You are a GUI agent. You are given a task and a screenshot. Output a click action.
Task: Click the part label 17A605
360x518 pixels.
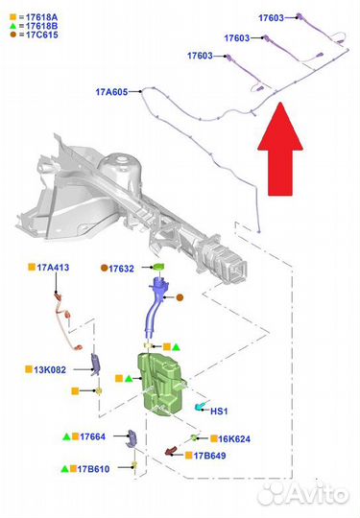pyautogui.click(x=111, y=92)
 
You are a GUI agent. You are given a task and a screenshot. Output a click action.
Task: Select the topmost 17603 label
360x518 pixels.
pyautogui.click(x=271, y=18)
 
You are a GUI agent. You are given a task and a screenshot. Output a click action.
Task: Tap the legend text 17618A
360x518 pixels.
pyautogui.click(x=41, y=17)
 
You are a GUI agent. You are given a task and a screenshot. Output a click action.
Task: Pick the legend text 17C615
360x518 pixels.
pyautogui.click(x=42, y=35)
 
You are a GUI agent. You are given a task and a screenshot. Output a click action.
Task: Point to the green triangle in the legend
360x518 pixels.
pyautogui.click(x=12, y=26)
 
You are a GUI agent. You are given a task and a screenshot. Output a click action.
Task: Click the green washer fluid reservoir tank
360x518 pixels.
pyautogui.click(x=161, y=383)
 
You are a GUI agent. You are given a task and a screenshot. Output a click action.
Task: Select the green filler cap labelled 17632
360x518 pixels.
pyautogui.click(x=158, y=267)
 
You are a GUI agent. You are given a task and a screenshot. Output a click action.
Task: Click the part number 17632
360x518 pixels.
pyautogui.click(x=121, y=269)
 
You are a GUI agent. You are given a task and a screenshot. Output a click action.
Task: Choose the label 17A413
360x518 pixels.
pyautogui.click(x=53, y=268)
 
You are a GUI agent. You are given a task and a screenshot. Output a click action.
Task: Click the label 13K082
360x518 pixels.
pyautogui.click(x=50, y=369)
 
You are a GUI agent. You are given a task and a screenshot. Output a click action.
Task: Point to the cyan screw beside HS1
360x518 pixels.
pyautogui.click(x=200, y=407)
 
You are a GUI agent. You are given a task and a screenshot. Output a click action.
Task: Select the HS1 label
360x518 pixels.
pyautogui.click(x=219, y=412)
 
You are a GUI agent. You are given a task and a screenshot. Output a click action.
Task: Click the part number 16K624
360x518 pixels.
pyautogui.click(x=234, y=438)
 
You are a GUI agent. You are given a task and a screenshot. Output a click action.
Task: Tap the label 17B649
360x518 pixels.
pyautogui.click(x=209, y=456)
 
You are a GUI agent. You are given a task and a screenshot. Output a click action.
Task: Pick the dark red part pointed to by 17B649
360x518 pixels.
pyautogui.click(x=171, y=451)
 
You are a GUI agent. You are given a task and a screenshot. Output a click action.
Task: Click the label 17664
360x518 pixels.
pyautogui.click(x=92, y=436)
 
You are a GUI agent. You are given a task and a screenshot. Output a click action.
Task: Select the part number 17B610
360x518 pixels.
pyautogui.click(x=93, y=469)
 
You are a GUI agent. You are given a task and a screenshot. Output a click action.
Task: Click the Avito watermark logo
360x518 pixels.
pyautogui.click(x=302, y=494)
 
